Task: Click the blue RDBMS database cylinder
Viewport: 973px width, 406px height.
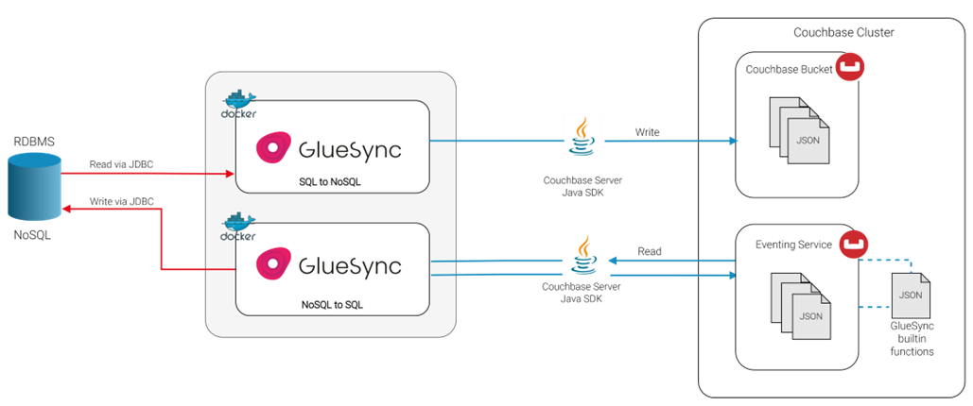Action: point(34,187)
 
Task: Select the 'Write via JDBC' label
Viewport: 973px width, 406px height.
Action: point(121,201)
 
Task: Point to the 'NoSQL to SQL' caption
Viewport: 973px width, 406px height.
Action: point(332,304)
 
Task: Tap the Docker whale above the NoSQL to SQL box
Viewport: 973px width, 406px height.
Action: point(239,227)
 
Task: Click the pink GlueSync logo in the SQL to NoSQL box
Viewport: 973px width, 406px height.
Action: point(273,149)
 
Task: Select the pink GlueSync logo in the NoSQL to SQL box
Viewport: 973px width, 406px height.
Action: point(273,264)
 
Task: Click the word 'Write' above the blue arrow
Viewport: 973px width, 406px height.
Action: point(647,132)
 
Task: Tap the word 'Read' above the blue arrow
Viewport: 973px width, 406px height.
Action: point(649,252)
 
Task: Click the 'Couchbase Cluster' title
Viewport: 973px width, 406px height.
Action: point(843,33)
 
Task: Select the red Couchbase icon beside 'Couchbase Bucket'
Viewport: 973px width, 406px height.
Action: point(850,67)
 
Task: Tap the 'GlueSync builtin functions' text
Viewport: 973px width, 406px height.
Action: point(912,339)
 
